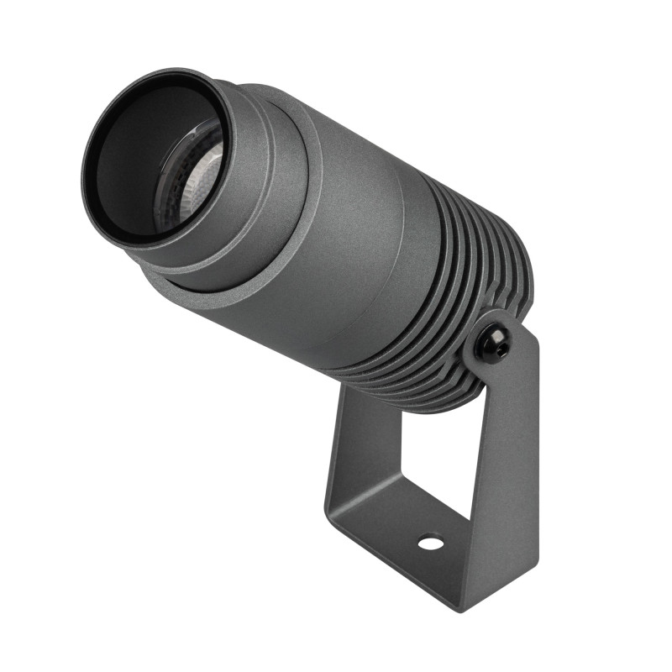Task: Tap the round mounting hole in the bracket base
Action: click(x=431, y=543)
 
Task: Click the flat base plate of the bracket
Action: click(x=403, y=538)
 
